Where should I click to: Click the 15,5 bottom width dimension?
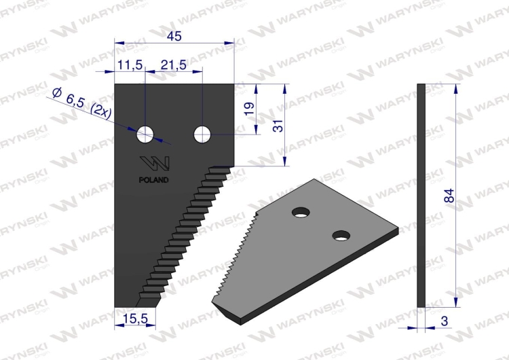135,317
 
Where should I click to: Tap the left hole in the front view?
145,134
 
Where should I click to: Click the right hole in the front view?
202,134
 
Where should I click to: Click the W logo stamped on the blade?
155,165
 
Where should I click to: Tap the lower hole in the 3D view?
341,236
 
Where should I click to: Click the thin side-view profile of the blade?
421,197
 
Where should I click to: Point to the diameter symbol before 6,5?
58,93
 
